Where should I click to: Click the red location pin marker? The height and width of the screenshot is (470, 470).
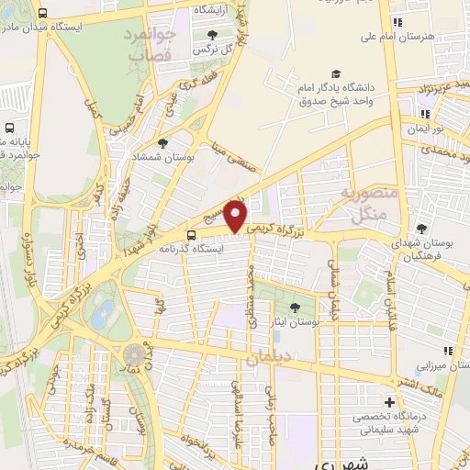tap(237, 216)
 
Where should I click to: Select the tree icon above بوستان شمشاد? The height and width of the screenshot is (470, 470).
tap(162, 143)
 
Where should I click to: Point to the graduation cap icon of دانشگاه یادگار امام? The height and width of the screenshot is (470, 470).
tap(336, 73)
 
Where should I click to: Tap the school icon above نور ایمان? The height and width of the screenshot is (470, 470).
tap(424, 115)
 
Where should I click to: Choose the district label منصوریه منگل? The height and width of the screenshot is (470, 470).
tap(368, 204)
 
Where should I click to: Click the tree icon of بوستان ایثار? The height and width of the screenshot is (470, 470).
tap(294, 308)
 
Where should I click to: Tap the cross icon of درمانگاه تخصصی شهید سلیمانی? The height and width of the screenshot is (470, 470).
tap(390, 402)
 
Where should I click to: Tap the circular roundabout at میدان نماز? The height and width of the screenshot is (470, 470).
tap(134, 353)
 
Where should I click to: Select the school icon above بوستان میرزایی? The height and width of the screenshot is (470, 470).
tap(448, 351)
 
